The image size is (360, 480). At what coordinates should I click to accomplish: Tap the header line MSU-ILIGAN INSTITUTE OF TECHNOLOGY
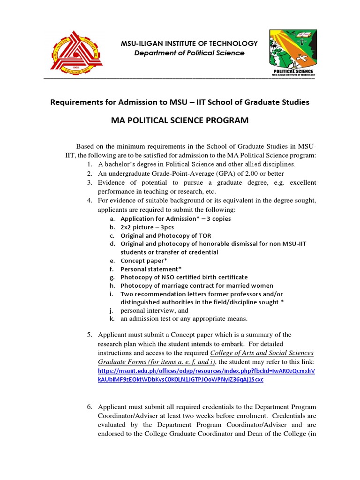tap(189, 44)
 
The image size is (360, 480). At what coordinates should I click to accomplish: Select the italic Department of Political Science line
tap(189, 53)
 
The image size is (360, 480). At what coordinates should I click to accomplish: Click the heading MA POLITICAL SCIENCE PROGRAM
tap(180, 121)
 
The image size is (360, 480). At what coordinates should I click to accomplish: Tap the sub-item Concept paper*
tap(144, 261)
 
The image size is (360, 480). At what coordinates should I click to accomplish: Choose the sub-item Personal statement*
tap(151, 269)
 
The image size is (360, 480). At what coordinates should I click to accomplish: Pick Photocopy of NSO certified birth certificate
tap(184, 277)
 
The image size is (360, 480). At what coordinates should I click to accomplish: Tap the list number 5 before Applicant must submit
tap(89, 335)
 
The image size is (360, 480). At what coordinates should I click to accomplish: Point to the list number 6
tap(89, 406)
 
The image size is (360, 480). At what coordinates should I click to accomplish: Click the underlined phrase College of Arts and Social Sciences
tap(262, 353)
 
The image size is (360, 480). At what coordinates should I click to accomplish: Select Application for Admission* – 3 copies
tap(176, 218)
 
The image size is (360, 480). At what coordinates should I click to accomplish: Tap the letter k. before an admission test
tap(112, 319)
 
